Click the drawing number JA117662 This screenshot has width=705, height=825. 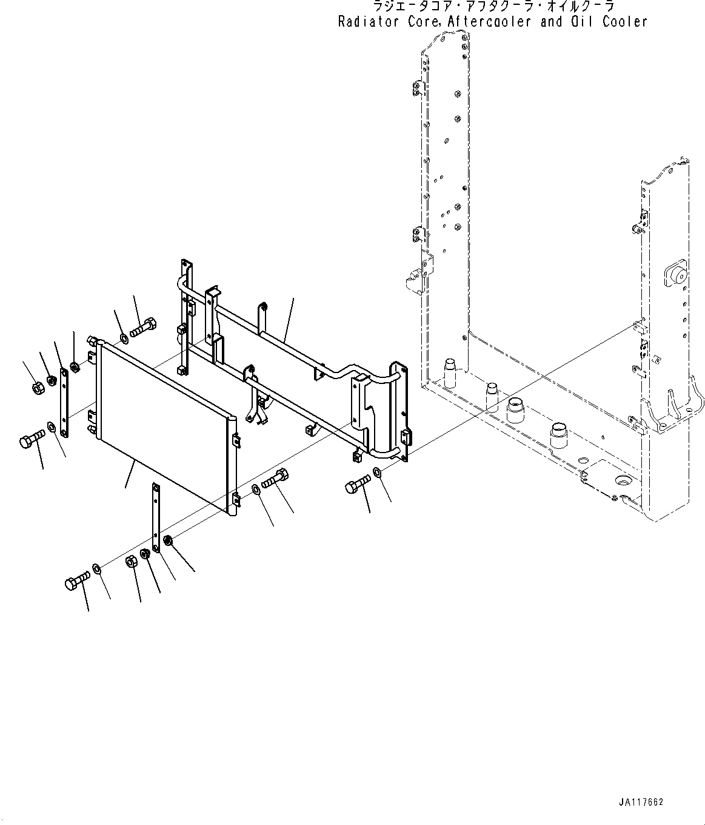[641, 802]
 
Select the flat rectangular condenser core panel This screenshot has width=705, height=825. [164, 425]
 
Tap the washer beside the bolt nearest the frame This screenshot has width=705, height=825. [377, 473]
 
